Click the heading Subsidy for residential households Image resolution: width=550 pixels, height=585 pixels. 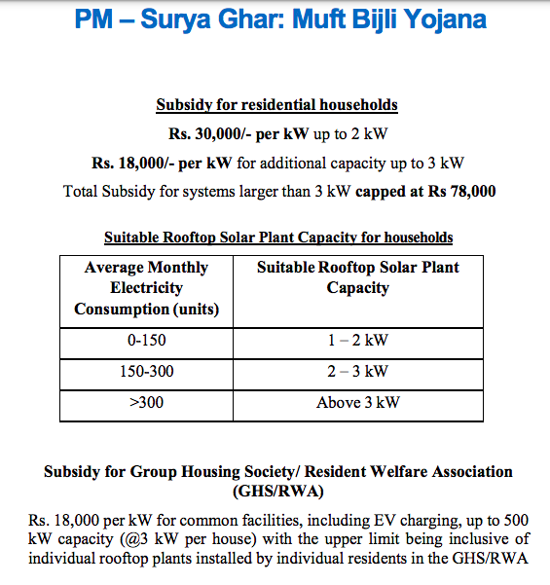[276, 105]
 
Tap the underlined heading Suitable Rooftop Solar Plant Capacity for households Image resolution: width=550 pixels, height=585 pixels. [278, 238]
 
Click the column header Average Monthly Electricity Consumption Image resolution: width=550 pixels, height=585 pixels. [146, 288]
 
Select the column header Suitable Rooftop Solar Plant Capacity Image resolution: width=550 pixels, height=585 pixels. [357, 277]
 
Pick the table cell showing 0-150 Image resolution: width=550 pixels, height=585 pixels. [146, 340]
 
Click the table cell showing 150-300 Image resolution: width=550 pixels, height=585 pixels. [146, 371]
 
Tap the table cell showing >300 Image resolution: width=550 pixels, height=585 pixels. [146, 402]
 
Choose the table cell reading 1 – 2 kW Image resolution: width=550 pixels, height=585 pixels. [357, 340]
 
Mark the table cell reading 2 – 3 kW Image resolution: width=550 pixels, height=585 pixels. [357, 371]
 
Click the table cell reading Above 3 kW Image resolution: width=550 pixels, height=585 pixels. [357, 402]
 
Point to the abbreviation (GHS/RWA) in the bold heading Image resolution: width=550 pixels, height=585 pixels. [277, 492]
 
